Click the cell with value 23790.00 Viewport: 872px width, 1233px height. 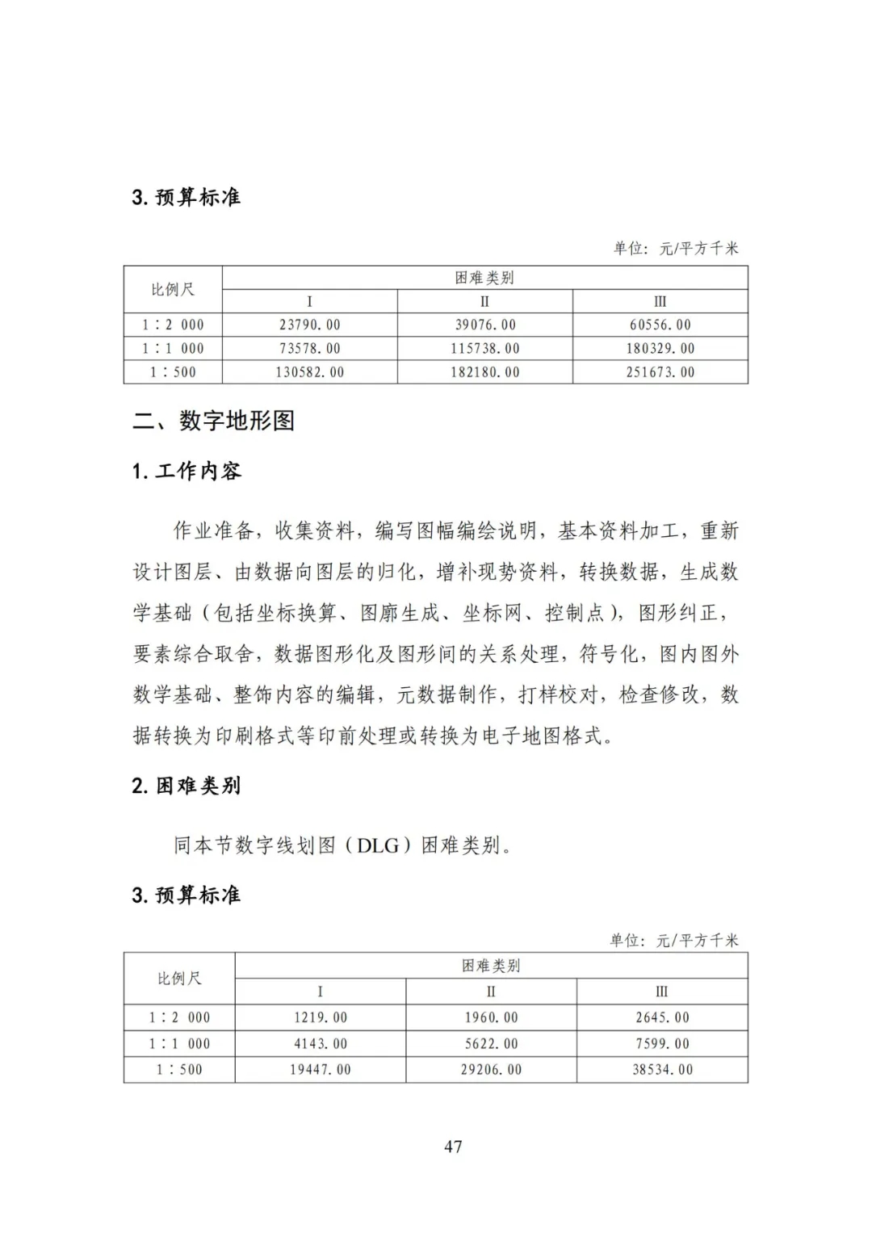(x=310, y=325)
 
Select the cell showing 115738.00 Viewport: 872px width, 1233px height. (x=485, y=348)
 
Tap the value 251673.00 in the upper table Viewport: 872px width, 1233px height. (x=660, y=372)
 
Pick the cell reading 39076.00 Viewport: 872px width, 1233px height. (x=485, y=325)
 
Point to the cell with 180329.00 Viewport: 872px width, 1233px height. (x=660, y=348)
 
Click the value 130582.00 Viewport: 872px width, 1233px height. (x=310, y=372)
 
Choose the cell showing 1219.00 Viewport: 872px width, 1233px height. (x=321, y=1017)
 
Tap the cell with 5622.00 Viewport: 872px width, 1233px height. (x=492, y=1043)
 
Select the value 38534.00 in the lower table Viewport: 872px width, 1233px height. (x=663, y=1069)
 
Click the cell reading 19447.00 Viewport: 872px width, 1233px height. (x=321, y=1069)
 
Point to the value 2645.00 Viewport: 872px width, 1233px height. (x=663, y=1017)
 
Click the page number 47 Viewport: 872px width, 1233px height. (x=453, y=1146)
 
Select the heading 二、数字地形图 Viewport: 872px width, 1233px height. (x=213, y=421)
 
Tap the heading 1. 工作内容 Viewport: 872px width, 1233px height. (x=187, y=472)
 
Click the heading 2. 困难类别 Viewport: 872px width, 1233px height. (x=187, y=786)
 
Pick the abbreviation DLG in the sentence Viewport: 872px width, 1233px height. (x=379, y=845)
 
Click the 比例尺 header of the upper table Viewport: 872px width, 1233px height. (x=173, y=289)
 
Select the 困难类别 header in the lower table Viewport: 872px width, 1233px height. (x=491, y=966)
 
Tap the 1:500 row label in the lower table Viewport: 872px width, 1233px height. (x=179, y=1069)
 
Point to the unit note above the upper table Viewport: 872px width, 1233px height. (x=676, y=248)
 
